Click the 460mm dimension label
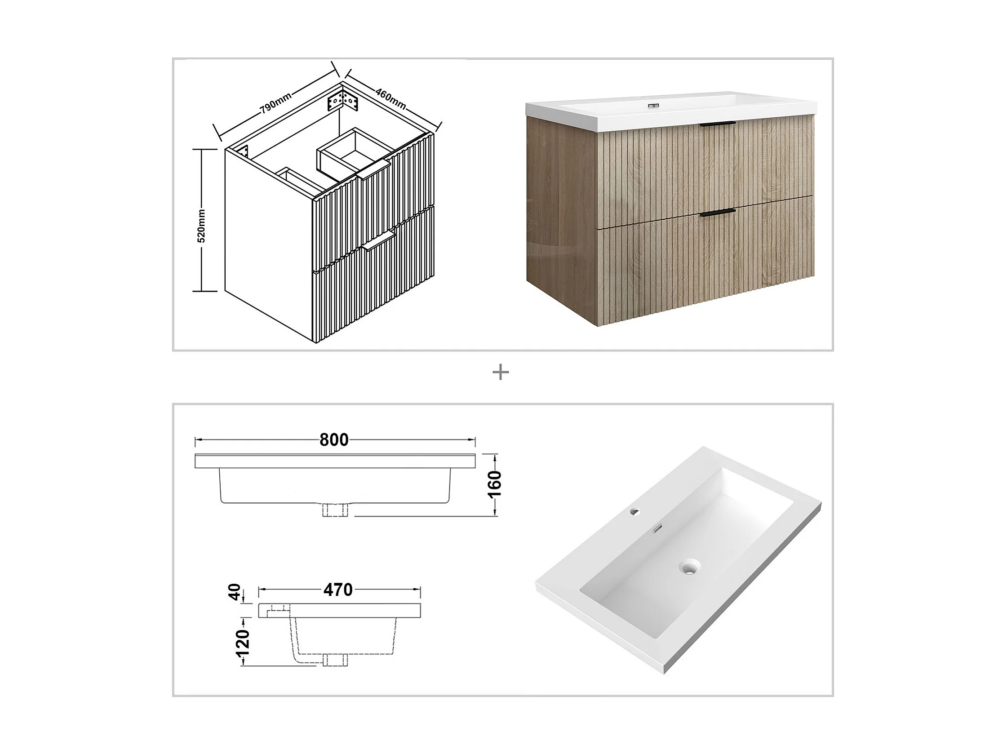(390, 98)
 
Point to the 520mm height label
(201, 226)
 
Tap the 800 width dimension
(334, 440)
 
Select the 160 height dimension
(495, 484)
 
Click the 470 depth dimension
(338, 590)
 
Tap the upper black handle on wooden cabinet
(718, 124)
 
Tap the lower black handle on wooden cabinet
(718, 212)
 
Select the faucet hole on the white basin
(634, 511)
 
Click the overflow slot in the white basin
(657, 529)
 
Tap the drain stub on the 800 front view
(335, 510)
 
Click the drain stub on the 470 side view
(335, 660)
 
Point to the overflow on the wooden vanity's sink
(654, 106)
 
